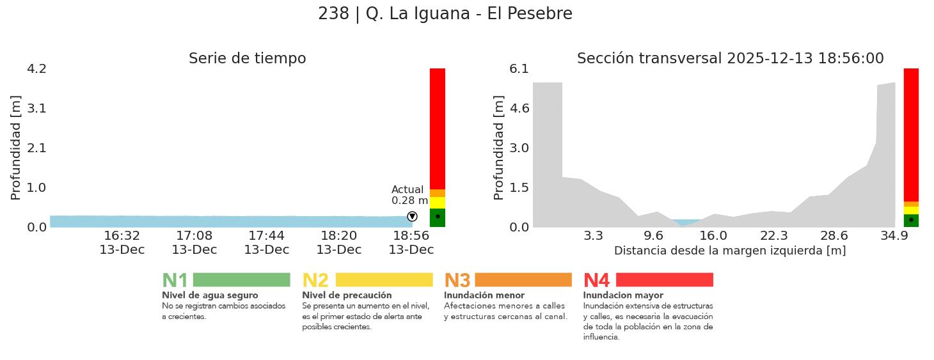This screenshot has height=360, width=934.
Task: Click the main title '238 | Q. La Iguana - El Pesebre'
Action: tap(445, 13)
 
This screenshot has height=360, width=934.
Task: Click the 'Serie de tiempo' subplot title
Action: tap(247, 59)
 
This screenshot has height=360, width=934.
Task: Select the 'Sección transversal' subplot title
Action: tap(730, 59)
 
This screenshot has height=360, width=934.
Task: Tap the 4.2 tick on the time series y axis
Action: tap(36, 68)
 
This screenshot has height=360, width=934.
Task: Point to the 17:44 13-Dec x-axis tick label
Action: tap(266, 242)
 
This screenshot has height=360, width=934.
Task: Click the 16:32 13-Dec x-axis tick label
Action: tap(122, 242)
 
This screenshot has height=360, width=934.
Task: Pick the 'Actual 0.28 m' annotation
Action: tap(409, 195)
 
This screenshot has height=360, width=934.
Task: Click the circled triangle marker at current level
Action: tap(412, 217)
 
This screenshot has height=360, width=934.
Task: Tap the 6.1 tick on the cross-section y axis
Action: tap(519, 68)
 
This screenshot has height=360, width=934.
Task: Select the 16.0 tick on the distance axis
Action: tap(713, 235)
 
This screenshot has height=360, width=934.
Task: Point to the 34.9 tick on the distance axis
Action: tap(894, 235)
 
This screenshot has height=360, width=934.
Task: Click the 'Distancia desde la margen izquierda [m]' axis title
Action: tap(730, 251)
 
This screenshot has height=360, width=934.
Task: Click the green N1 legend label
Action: tap(175, 281)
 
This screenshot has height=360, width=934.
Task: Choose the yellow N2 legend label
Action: tap(315, 281)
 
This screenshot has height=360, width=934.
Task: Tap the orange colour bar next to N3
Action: tap(523, 280)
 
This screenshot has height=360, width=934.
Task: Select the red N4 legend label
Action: tap(596, 281)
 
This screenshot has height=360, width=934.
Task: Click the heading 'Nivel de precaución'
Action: tap(347, 295)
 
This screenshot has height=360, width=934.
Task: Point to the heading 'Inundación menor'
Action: tap(484, 295)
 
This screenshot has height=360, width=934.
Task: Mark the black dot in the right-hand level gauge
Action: tap(911, 219)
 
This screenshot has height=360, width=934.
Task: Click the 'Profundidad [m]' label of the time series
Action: tap(16, 148)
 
